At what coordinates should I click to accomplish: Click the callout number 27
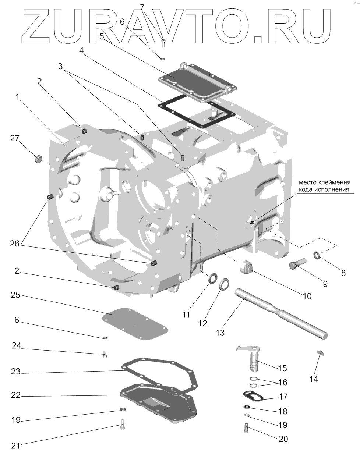click(x=14, y=138)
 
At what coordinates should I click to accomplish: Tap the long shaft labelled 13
click(x=280, y=312)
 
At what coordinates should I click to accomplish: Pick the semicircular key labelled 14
click(x=321, y=354)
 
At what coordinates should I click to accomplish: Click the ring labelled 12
click(x=225, y=284)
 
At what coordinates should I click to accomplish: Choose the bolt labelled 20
click(x=246, y=428)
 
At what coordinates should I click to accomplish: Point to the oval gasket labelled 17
click(x=252, y=397)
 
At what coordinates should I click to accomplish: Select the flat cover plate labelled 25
click(x=135, y=323)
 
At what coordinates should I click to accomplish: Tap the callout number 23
click(x=15, y=372)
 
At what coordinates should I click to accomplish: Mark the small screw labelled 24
click(x=105, y=354)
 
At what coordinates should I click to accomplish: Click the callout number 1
click(x=17, y=97)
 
